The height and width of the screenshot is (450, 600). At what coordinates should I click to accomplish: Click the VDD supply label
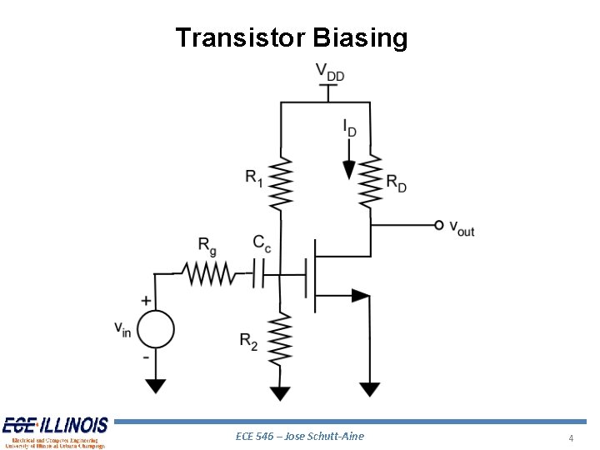click(x=330, y=72)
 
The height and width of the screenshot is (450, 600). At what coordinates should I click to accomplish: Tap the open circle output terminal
click(x=439, y=225)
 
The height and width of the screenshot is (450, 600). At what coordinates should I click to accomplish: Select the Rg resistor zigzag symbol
click(x=207, y=272)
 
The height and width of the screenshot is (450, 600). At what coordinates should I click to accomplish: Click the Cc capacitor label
click(x=262, y=242)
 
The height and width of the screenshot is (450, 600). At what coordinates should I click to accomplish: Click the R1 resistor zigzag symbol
click(x=281, y=183)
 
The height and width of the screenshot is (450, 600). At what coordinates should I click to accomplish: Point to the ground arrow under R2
click(x=281, y=392)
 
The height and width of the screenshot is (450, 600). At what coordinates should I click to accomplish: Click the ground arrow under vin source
click(x=154, y=386)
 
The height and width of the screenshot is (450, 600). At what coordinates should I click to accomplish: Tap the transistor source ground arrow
click(x=370, y=388)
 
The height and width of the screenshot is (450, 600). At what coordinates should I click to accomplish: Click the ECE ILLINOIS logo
click(x=55, y=432)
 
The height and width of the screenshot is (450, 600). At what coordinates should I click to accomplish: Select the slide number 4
click(x=571, y=438)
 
